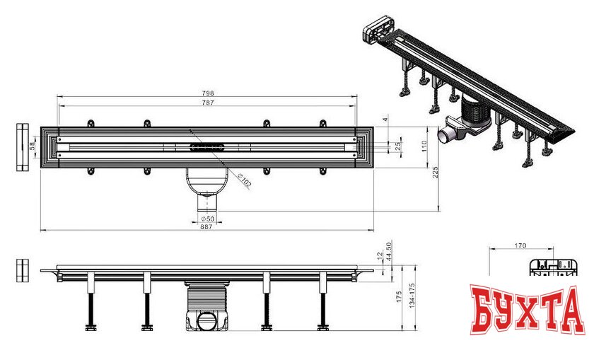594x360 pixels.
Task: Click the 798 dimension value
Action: pos(208,93)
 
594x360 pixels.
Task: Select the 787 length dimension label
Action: pos(208,103)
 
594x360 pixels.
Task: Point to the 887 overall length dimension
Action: pos(206,226)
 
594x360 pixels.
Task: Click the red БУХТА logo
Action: pos(528,310)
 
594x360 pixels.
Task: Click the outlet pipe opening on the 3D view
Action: pos(443,134)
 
